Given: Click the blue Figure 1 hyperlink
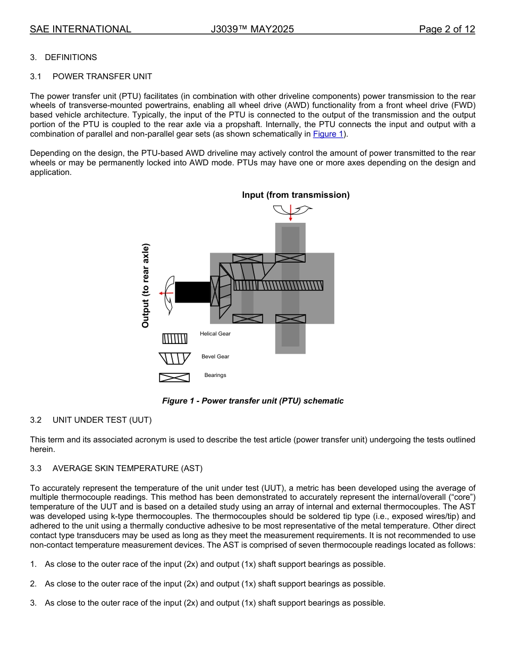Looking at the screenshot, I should pyautogui.click(x=328, y=134).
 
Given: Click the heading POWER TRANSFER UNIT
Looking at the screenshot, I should pyautogui.click(x=102, y=77).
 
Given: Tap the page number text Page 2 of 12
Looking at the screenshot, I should pyautogui.click(x=447, y=29).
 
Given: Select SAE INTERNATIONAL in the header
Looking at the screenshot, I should pyautogui.click(x=80, y=29).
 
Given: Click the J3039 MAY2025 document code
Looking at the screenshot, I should pyautogui.click(x=252, y=29).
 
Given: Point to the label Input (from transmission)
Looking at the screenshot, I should pyautogui.click(x=296, y=195).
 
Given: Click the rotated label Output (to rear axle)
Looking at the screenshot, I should pyautogui.click(x=146, y=286).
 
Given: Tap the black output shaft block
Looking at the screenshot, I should pyautogui.click(x=192, y=292).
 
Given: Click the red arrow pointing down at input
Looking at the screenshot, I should pyautogui.click(x=290, y=213).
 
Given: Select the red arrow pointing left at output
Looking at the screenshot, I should pyautogui.click(x=166, y=293).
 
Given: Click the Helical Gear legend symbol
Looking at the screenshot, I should pyautogui.click(x=175, y=339).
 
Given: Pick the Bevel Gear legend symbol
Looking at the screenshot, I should pyautogui.click(x=175, y=358).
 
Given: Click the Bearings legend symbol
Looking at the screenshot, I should pyautogui.click(x=174, y=378).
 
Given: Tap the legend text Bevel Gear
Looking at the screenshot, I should pyautogui.click(x=215, y=357).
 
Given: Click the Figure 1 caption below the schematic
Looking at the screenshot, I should pyautogui.click(x=252, y=401).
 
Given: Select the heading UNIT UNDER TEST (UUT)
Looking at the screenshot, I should pyautogui.click(x=102, y=420).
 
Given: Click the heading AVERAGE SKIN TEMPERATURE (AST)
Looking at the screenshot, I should pyautogui.click(x=128, y=468).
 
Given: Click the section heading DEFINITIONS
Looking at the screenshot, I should pyautogui.click(x=71, y=57).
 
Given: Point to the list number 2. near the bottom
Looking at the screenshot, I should pyautogui.click(x=33, y=584).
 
